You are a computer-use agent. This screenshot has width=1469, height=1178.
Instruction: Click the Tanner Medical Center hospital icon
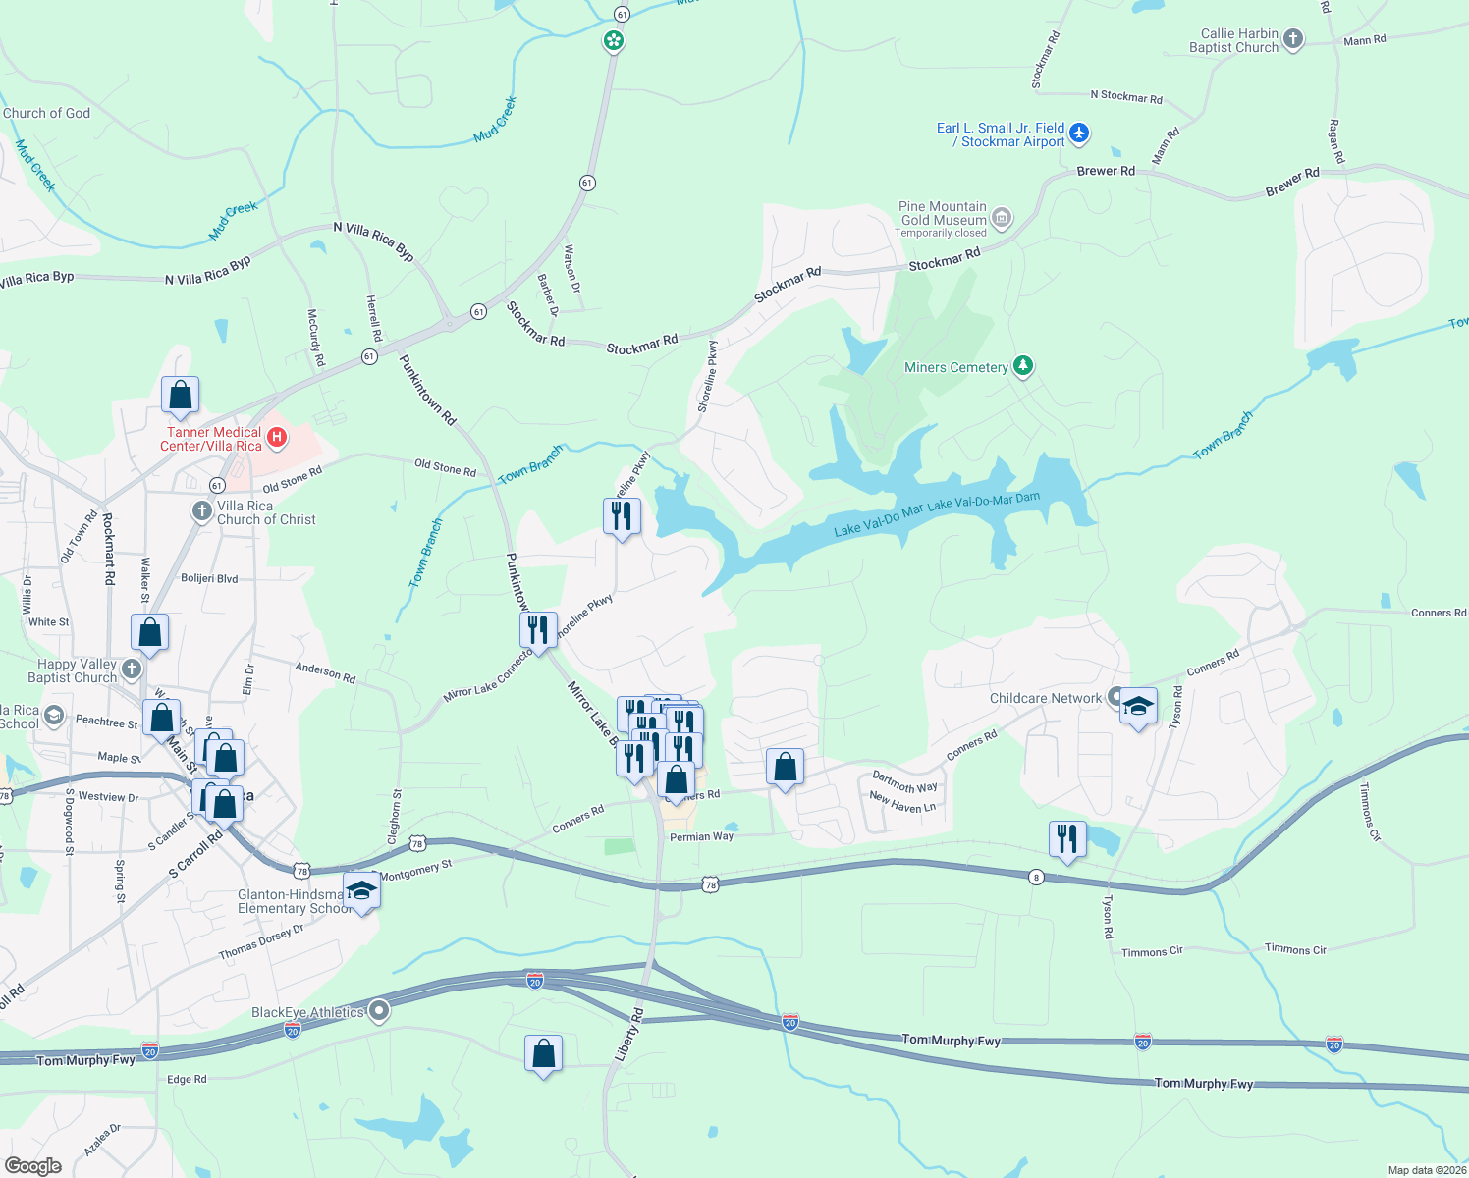(x=277, y=438)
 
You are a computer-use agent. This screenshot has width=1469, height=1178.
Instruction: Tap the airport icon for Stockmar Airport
(x=1079, y=133)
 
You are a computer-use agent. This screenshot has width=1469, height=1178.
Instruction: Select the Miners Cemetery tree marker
(x=1023, y=366)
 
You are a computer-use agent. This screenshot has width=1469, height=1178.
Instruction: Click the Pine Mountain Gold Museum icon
(x=1002, y=218)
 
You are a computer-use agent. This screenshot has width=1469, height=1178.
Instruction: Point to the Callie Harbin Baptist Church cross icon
(x=1293, y=39)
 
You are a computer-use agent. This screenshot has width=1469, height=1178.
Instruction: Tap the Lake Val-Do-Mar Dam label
(x=984, y=503)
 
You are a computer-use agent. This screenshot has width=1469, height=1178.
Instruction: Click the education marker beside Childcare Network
(x=1138, y=707)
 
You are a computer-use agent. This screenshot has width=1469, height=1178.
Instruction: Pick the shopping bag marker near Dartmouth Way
(x=785, y=768)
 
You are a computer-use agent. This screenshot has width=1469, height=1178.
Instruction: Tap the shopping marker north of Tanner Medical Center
(x=181, y=396)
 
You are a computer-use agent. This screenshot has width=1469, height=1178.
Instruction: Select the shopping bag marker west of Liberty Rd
(x=544, y=1054)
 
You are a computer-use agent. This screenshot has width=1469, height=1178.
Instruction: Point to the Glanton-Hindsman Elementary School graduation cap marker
(x=362, y=891)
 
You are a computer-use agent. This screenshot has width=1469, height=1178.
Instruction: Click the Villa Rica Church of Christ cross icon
(x=201, y=510)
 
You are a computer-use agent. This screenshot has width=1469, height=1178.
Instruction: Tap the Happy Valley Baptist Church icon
(x=132, y=669)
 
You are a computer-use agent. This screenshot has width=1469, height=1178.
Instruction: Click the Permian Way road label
(x=701, y=837)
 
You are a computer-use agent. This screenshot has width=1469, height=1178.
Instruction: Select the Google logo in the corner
(x=33, y=1166)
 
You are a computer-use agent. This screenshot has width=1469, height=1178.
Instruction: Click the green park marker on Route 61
(x=614, y=41)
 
